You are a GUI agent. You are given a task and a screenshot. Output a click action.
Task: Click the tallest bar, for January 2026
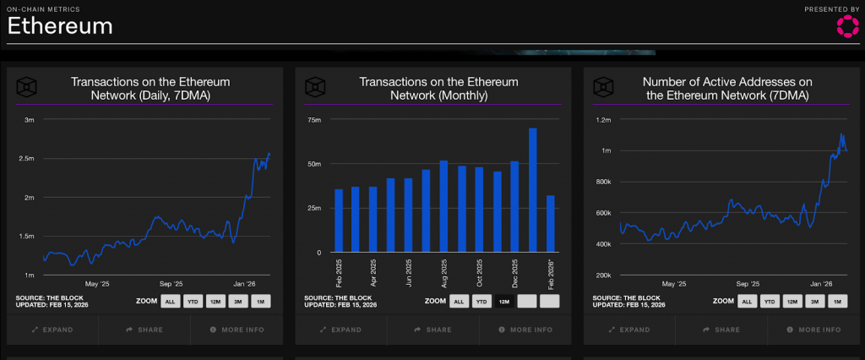pyautogui.click(x=533, y=190)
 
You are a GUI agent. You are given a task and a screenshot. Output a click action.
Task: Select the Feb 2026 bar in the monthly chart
pyautogui.click(x=550, y=224)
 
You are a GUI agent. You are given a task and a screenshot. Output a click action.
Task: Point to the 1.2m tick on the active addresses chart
pyautogui.click(x=602, y=120)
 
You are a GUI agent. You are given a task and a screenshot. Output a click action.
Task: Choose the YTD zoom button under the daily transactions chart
pyautogui.click(x=193, y=301)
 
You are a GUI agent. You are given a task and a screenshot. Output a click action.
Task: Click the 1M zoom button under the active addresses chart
pyautogui.click(x=838, y=301)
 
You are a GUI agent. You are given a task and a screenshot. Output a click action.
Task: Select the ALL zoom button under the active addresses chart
pyautogui.click(x=748, y=301)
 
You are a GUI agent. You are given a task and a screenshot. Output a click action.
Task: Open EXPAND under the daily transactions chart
pyautogui.click(x=52, y=330)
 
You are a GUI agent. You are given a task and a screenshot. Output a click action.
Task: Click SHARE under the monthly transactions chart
pyautogui.click(x=432, y=330)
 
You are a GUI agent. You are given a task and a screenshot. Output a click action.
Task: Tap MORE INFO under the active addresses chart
pyautogui.click(x=815, y=330)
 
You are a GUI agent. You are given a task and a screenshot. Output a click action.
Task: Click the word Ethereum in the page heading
pyautogui.click(x=60, y=26)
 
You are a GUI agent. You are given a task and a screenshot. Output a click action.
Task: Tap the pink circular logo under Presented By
pyautogui.click(x=846, y=26)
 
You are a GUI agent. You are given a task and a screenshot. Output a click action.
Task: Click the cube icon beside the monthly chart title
pyautogui.click(x=315, y=88)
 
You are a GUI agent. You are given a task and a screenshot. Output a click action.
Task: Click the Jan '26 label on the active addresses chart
pyautogui.click(x=822, y=284)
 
